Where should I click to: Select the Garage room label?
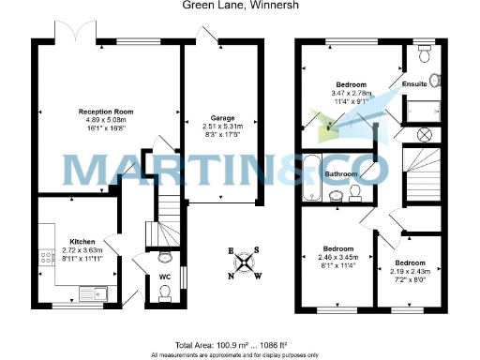pos(221,118)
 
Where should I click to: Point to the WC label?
pos(163,277)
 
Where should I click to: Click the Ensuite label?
pos(415,84)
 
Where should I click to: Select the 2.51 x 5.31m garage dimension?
pos(221,127)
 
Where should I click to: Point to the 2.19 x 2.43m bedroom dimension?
pos(410,271)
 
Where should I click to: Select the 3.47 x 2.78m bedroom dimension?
pos(352,93)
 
